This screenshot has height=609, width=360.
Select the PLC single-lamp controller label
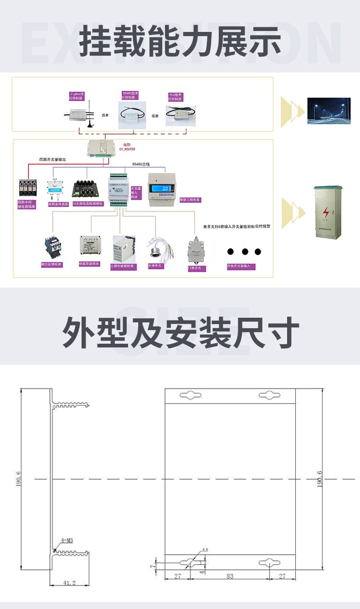pyautogui.click(x=176, y=97)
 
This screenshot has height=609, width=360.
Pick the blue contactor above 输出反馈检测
pyautogui.click(x=51, y=247)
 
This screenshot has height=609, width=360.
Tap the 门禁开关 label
pyautogui.click(x=197, y=268)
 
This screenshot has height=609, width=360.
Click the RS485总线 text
pyautogui.click(x=141, y=164)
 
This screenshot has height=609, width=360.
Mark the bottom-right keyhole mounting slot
pyautogui.click(x=269, y=563)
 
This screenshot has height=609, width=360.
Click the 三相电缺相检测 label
pyautogui.click(x=123, y=266)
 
